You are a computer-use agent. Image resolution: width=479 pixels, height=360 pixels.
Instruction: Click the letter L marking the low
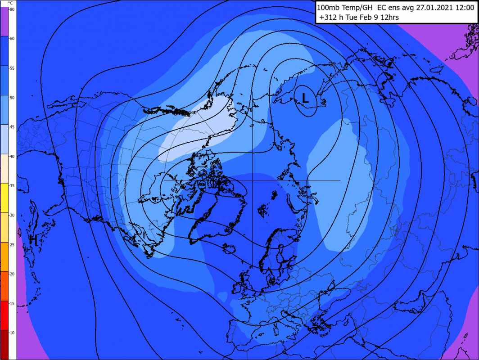click(305, 98)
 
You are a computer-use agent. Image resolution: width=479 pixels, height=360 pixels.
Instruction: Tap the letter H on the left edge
click(33, 240)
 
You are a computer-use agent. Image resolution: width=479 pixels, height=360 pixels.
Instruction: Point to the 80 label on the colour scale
click(12, 9)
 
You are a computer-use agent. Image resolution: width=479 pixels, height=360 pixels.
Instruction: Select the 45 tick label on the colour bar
click(12, 127)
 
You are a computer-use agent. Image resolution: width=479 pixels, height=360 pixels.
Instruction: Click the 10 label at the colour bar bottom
click(12, 333)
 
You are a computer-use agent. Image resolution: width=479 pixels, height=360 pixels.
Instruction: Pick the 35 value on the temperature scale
click(12, 185)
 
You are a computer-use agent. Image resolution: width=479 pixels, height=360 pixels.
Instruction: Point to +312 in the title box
click(328, 18)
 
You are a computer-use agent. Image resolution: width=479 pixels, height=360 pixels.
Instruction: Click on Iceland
click(227, 248)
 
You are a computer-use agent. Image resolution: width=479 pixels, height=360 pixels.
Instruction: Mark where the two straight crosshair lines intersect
click(252, 180)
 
